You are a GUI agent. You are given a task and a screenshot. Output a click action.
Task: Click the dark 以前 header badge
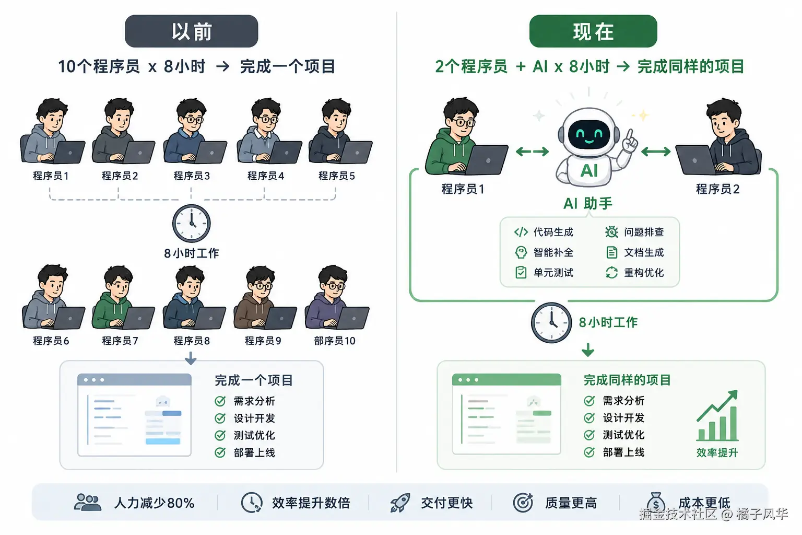(x=191, y=31)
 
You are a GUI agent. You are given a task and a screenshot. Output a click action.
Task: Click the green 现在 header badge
(x=593, y=31)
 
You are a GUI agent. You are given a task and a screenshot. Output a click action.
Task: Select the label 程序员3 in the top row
(x=192, y=176)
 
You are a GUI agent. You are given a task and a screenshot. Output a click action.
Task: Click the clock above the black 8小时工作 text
(x=192, y=223)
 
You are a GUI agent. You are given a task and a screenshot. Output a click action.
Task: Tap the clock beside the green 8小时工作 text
(x=551, y=322)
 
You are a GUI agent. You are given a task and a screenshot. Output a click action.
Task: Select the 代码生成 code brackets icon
(x=521, y=232)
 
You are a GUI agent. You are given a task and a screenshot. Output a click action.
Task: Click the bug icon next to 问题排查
(x=611, y=232)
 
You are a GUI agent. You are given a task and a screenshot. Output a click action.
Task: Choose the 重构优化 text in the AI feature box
(x=644, y=273)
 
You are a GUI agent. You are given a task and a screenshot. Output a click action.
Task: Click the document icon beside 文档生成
(x=612, y=252)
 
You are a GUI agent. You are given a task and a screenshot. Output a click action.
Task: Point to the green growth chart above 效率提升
(x=717, y=416)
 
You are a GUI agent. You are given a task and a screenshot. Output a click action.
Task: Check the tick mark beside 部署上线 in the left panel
(x=220, y=452)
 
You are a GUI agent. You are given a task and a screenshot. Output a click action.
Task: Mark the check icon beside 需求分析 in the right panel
(x=589, y=401)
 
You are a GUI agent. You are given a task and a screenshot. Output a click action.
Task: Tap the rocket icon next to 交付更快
(x=400, y=503)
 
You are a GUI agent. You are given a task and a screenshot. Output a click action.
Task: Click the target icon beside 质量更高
(x=523, y=503)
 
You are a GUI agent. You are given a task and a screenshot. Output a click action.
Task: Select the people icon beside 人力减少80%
(x=88, y=502)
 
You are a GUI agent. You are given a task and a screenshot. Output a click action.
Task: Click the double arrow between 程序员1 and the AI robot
(x=532, y=152)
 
